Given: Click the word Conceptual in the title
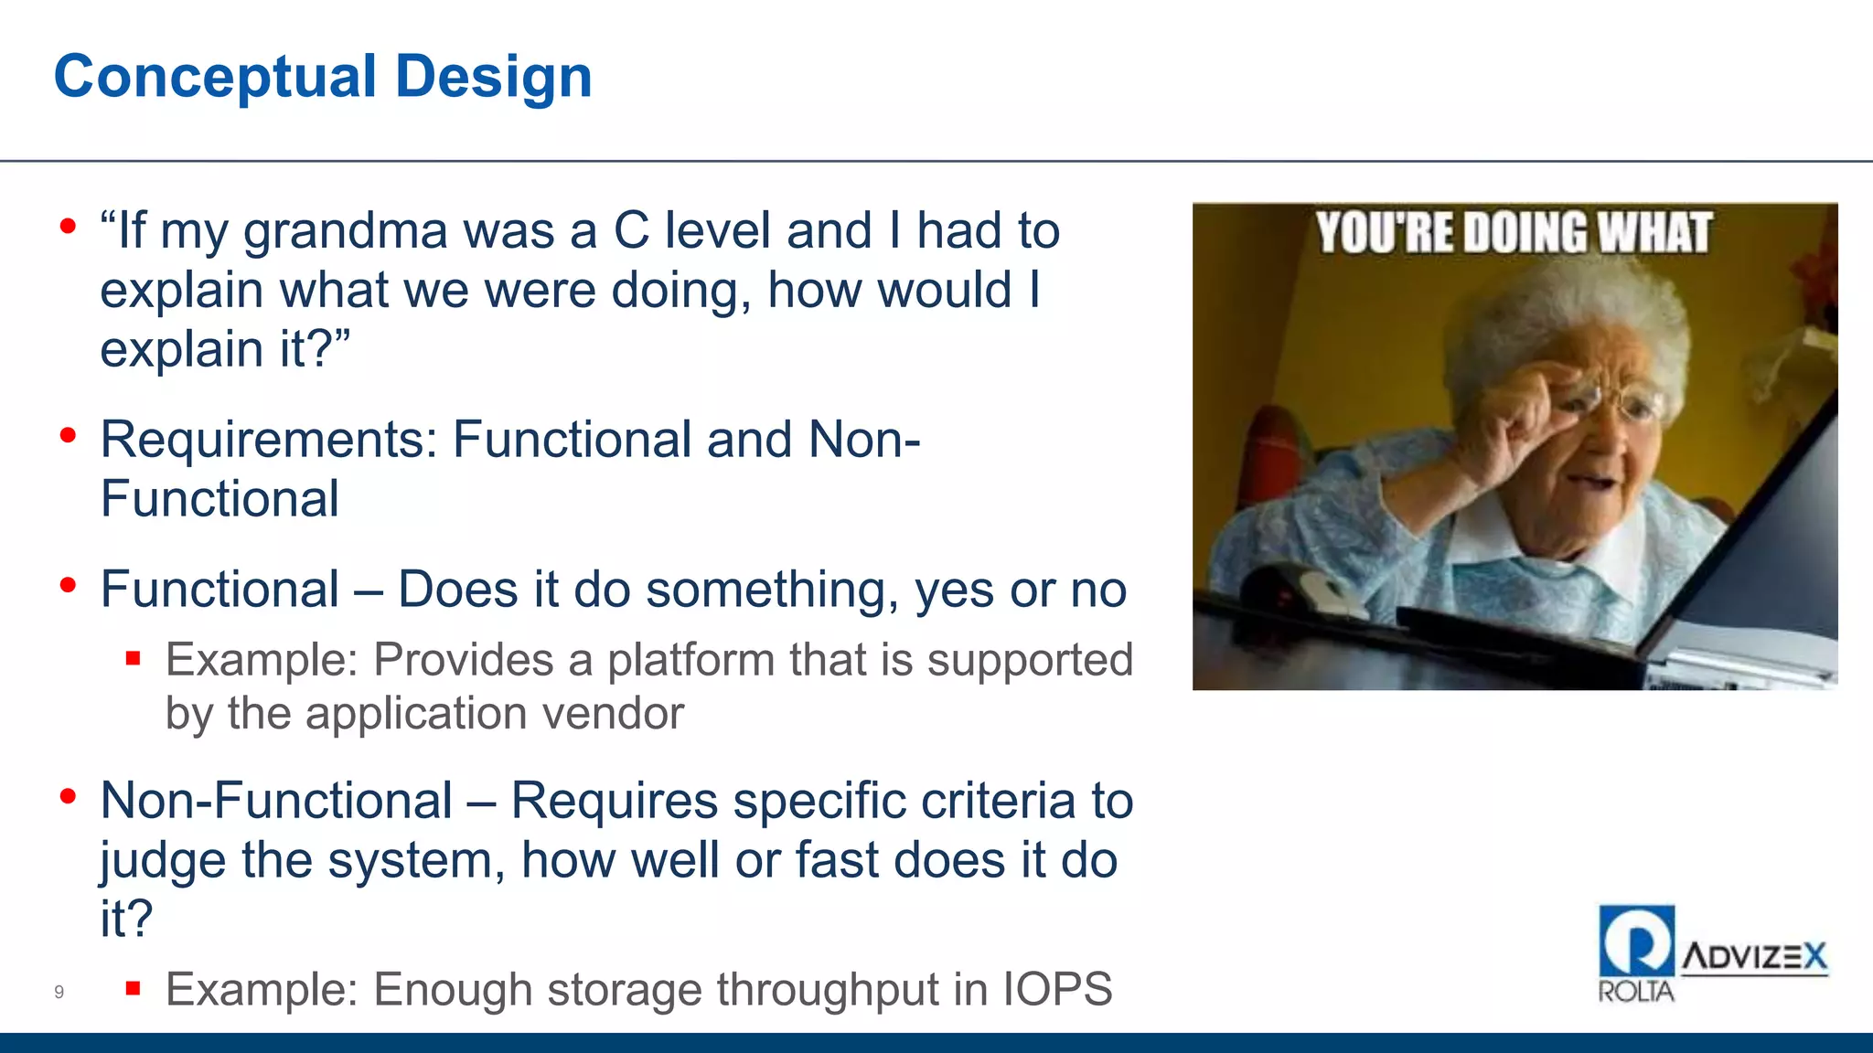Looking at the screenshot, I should click(x=215, y=77).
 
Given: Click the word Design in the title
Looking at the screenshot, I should click(x=494, y=77).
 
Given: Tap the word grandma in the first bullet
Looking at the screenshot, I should click(x=345, y=231).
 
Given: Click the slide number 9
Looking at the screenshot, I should click(x=59, y=992).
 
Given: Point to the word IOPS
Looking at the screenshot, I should click(x=1057, y=990).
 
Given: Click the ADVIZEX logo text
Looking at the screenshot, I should click(x=1754, y=957).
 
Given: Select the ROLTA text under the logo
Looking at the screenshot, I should click(x=1635, y=992).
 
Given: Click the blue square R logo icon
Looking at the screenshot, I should click(x=1636, y=941).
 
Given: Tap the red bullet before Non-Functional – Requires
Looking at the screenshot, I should click(x=68, y=797).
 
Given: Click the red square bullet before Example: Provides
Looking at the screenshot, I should click(x=134, y=658).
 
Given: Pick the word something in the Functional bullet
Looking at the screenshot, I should click(x=772, y=590).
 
